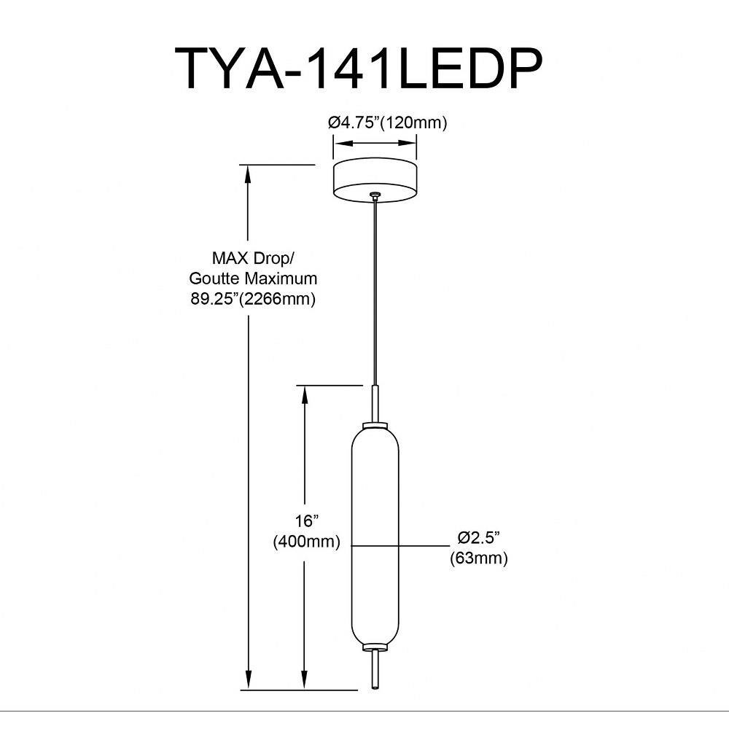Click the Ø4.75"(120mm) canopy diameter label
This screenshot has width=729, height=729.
(x=387, y=122)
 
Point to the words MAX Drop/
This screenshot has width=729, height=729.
(x=253, y=258)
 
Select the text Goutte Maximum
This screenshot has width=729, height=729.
(x=253, y=278)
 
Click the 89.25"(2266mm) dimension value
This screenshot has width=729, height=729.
(x=253, y=298)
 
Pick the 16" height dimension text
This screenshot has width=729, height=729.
(x=308, y=521)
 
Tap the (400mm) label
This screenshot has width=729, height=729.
(x=307, y=542)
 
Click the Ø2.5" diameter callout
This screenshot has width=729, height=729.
(x=478, y=538)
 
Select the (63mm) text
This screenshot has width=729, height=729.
(x=478, y=558)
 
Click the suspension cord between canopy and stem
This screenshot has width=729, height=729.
(x=375, y=292)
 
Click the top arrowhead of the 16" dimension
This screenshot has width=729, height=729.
(x=304, y=393)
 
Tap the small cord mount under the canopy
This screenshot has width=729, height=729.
(x=375, y=195)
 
